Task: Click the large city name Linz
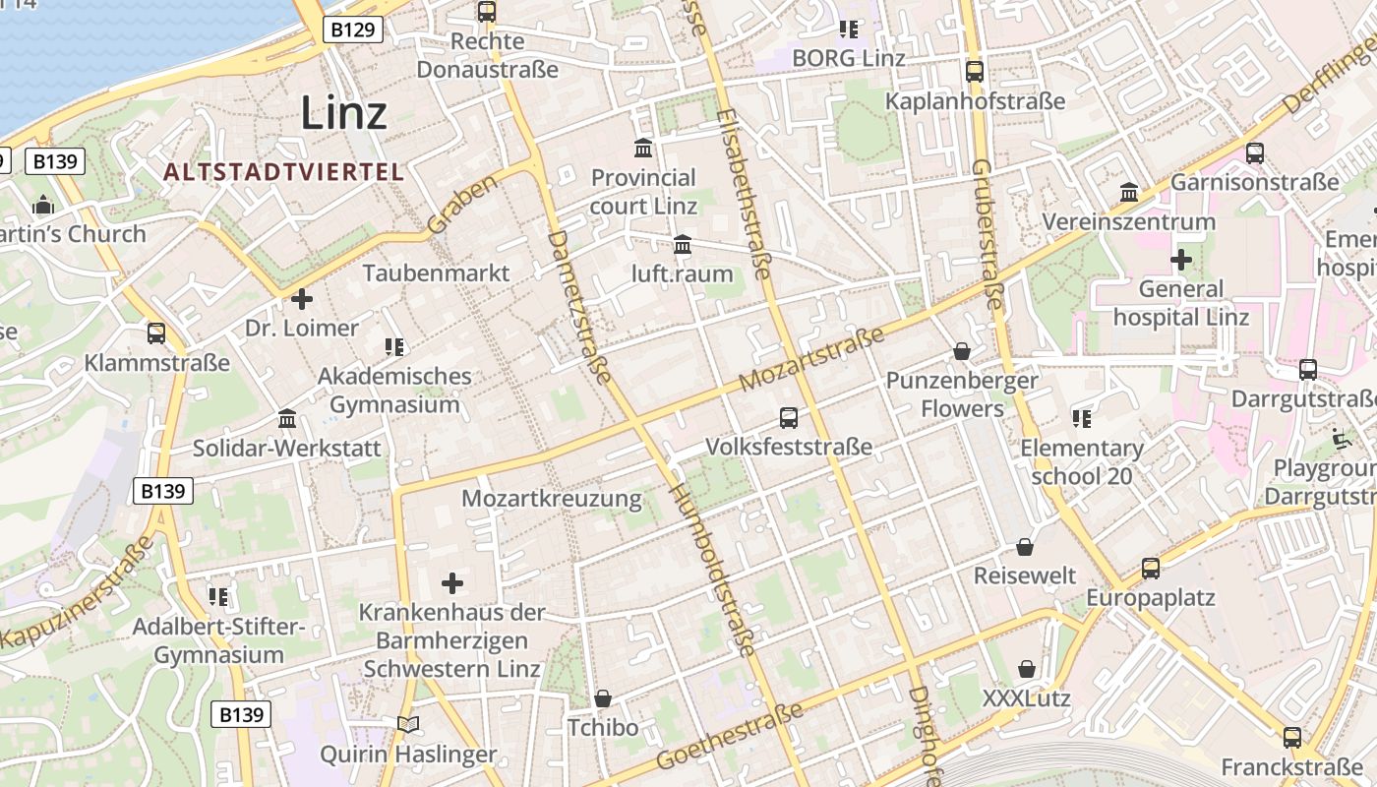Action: pyautogui.click(x=343, y=112)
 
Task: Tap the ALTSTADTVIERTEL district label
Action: pyautogui.click(x=283, y=172)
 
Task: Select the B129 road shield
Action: pyautogui.click(x=352, y=30)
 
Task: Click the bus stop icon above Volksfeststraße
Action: pyautogui.click(x=789, y=418)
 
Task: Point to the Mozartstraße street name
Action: pyautogui.click(x=812, y=359)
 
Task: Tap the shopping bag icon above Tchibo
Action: pyautogui.click(x=603, y=698)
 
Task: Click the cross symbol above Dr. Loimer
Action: pyautogui.click(x=302, y=298)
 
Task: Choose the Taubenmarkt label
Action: pyautogui.click(x=436, y=272)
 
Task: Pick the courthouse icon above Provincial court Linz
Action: pyautogui.click(x=643, y=149)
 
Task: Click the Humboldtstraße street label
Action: pyautogui.click(x=713, y=571)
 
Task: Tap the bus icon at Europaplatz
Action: pyautogui.click(x=1150, y=569)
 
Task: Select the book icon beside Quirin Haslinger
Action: pyautogui.click(x=408, y=725)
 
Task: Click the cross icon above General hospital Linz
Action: pyautogui.click(x=1180, y=261)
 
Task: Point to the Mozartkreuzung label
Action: pyautogui.click(x=551, y=499)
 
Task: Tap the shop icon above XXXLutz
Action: pyautogui.click(x=1027, y=670)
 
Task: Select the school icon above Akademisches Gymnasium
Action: pyautogui.click(x=394, y=346)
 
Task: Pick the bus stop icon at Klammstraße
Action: pyautogui.click(x=156, y=333)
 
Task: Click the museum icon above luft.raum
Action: pyautogui.click(x=683, y=244)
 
